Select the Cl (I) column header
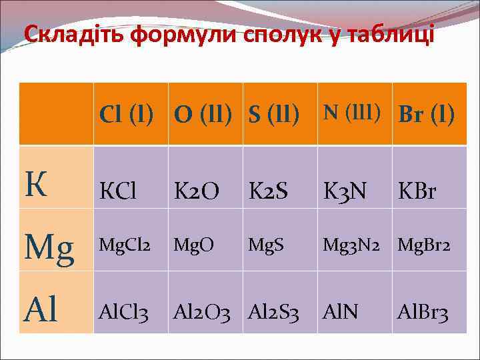point(127,115)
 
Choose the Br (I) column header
point(427,115)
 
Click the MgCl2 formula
point(125,246)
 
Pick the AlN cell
point(341,311)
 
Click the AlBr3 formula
point(423,311)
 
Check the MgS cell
point(266,246)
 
